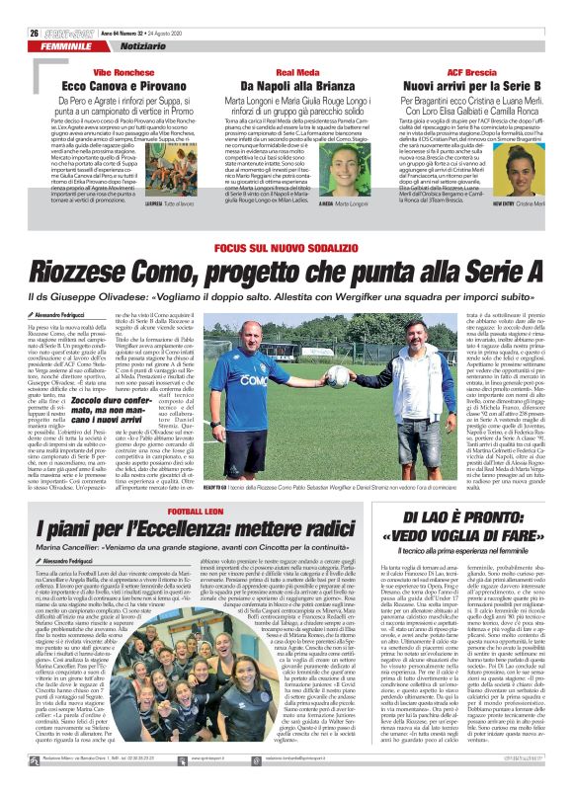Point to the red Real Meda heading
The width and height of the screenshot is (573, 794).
tap(286, 45)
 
